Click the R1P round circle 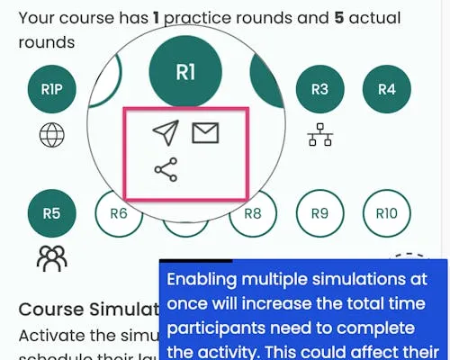51,89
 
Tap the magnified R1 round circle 185,73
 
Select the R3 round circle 319,89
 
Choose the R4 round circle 387,89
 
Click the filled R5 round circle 51,214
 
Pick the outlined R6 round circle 118,214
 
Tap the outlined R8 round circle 253,214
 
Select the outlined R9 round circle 319,214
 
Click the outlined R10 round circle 387,214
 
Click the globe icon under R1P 51,136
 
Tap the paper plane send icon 165,133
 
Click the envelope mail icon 205,133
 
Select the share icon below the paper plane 166,169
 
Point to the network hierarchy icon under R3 319,135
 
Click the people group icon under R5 51,259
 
